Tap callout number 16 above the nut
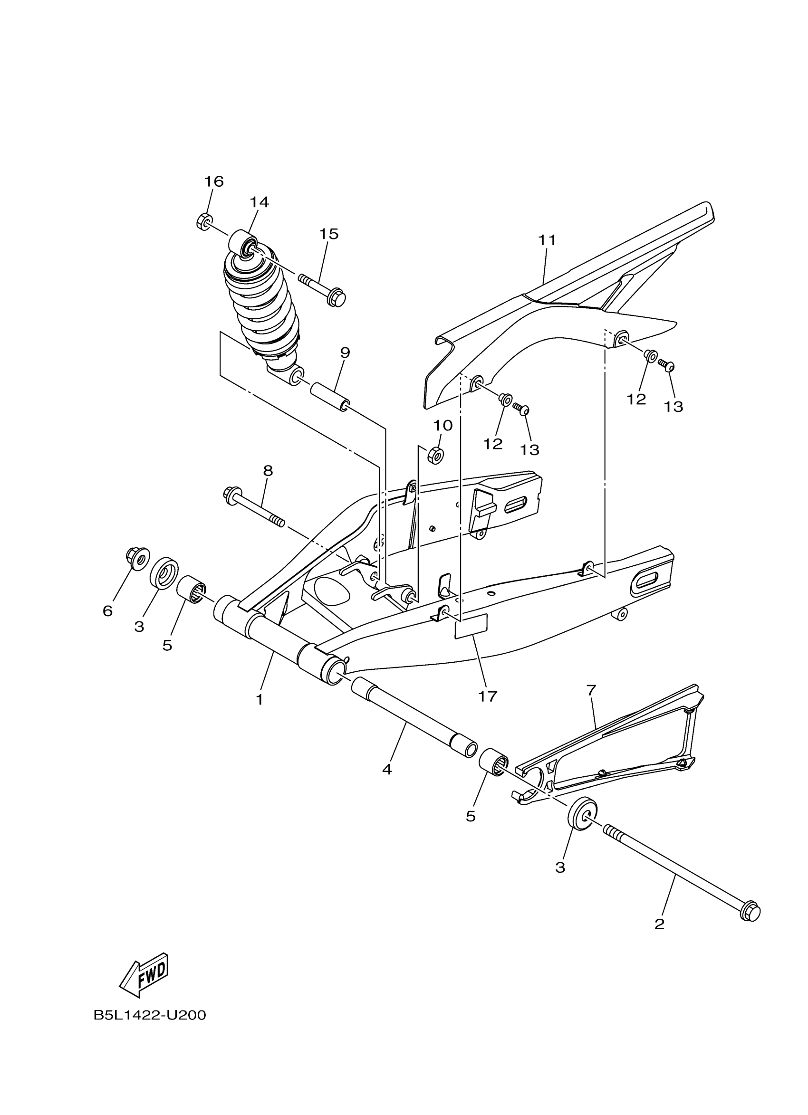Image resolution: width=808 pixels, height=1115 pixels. point(214,181)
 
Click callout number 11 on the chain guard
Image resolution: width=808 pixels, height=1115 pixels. point(547,240)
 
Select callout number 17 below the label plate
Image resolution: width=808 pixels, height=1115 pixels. point(488,696)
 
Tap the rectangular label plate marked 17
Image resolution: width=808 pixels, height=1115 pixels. point(471,626)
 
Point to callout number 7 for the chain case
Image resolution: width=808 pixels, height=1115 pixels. point(591,690)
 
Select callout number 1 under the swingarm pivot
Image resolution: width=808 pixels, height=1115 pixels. point(259,700)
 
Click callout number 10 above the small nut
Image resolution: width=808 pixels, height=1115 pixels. point(442,425)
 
